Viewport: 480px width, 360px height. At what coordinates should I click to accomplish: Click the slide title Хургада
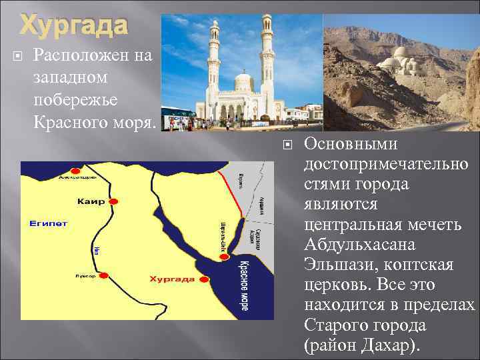(73, 25)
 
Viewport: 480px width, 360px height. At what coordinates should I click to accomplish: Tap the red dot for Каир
(113, 201)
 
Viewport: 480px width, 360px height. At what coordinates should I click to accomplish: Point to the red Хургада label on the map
(171, 278)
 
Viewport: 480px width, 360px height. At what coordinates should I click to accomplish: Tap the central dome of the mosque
(243, 83)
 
